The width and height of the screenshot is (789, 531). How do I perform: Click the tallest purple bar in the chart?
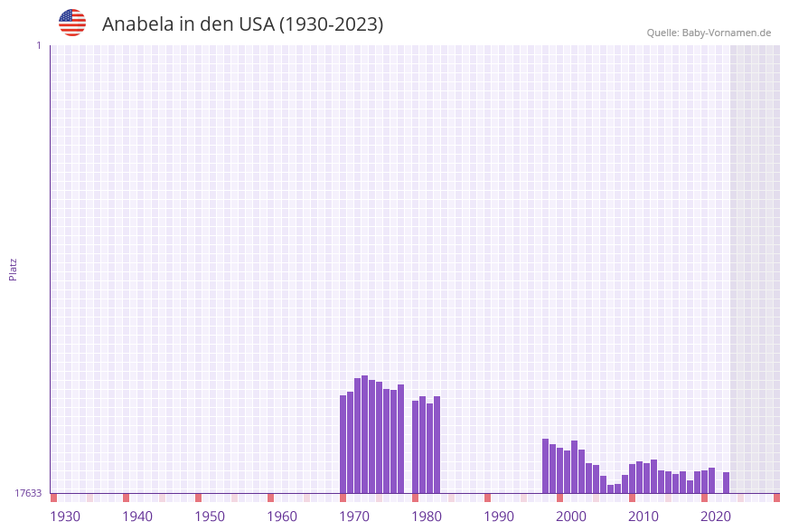364,434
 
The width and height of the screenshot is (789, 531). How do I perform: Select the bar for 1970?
343,444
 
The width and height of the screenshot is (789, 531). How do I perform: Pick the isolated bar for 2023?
726,482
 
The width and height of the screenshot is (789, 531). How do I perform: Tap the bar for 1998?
545,466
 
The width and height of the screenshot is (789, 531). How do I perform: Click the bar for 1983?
437,444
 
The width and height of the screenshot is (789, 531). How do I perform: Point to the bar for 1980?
415,447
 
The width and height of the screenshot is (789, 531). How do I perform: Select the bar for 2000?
559,470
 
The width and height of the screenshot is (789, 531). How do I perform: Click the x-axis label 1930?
65,517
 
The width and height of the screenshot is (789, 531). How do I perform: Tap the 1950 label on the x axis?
210,517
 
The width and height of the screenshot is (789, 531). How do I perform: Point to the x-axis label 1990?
499,517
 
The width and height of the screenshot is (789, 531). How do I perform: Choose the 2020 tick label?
716,517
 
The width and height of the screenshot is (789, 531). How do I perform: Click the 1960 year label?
282,517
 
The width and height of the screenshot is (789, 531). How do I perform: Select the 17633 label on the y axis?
28,493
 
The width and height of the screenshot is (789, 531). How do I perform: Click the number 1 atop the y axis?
38,45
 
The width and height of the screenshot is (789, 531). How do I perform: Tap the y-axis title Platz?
14,269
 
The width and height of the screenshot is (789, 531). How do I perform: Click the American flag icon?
72,23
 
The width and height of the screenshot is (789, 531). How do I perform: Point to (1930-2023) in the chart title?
331,24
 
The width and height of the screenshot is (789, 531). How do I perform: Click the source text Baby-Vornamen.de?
727,33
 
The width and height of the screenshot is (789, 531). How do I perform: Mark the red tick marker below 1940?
126,498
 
